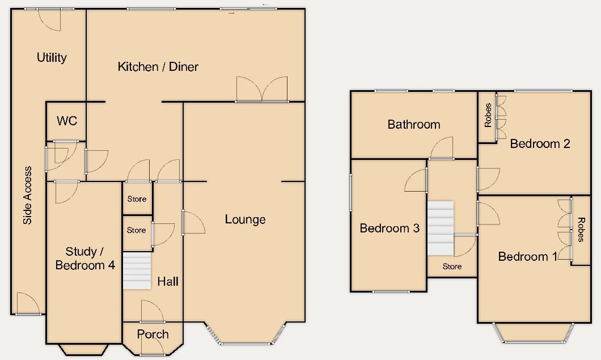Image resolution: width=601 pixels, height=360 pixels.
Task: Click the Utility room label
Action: (x=52, y=57)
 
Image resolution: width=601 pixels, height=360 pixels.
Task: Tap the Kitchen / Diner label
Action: (x=158, y=67)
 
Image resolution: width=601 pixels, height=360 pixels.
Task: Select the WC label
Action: (x=67, y=121)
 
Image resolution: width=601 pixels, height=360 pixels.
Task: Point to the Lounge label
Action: (x=245, y=219)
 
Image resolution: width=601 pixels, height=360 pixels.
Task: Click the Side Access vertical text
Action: (x=27, y=196)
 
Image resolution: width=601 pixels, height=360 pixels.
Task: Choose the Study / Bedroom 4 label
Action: (x=84, y=258)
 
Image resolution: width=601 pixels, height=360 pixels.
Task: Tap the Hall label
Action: (x=168, y=281)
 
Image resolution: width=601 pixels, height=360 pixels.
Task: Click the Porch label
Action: (x=153, y=334)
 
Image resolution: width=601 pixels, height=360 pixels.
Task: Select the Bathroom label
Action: (x=413, y=125)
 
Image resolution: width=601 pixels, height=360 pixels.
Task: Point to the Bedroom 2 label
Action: (x=540, y=143)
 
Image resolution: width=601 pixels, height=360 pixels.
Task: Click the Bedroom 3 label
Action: (x=390, y=228)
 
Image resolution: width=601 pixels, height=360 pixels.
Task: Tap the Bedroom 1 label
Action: (x=527, y=257)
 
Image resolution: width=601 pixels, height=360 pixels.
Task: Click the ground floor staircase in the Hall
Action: (x=137, y=271)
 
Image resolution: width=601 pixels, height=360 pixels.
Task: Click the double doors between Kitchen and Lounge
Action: (x=262, y=90)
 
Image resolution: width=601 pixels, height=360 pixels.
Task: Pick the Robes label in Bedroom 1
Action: (x=581, y=230)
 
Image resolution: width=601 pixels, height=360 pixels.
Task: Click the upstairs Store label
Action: (x=452, y=266)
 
